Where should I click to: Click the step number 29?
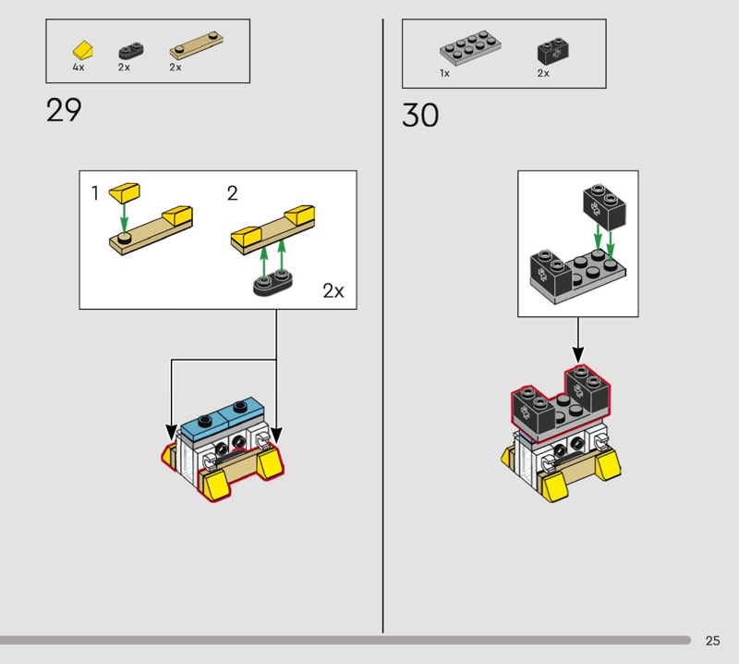click(64, 110)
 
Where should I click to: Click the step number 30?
click(420, 116)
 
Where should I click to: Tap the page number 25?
click(712, 640)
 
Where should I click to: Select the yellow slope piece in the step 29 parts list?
click(83, 50)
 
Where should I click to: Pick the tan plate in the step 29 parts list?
click(196, 44)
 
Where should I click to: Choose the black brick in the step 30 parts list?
click(552, 51)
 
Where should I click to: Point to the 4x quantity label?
click(79, 68)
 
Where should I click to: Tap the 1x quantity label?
click(444, 73)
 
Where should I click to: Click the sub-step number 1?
click(95, 193)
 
